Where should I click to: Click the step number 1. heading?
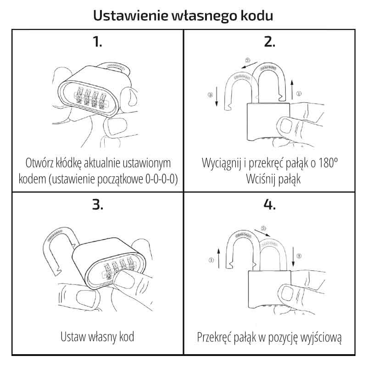coord(97,42)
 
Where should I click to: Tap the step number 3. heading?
coord(97,205)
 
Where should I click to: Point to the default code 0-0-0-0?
coord(158,178)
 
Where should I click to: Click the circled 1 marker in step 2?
coord(299,94)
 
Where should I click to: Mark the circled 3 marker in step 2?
coord(210,95)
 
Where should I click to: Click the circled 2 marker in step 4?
coord(263,228)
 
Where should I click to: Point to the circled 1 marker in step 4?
coord(211,260)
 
